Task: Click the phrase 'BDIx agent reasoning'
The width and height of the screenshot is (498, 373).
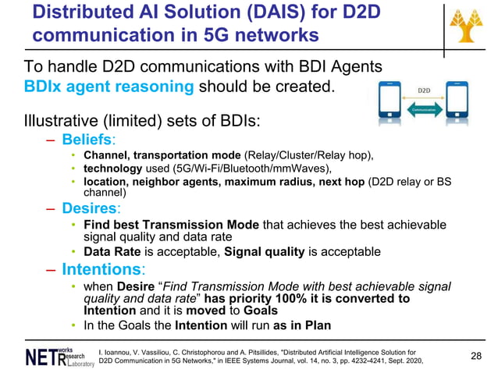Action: point(109,87)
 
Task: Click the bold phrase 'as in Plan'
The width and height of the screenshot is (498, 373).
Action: point(301,325)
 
